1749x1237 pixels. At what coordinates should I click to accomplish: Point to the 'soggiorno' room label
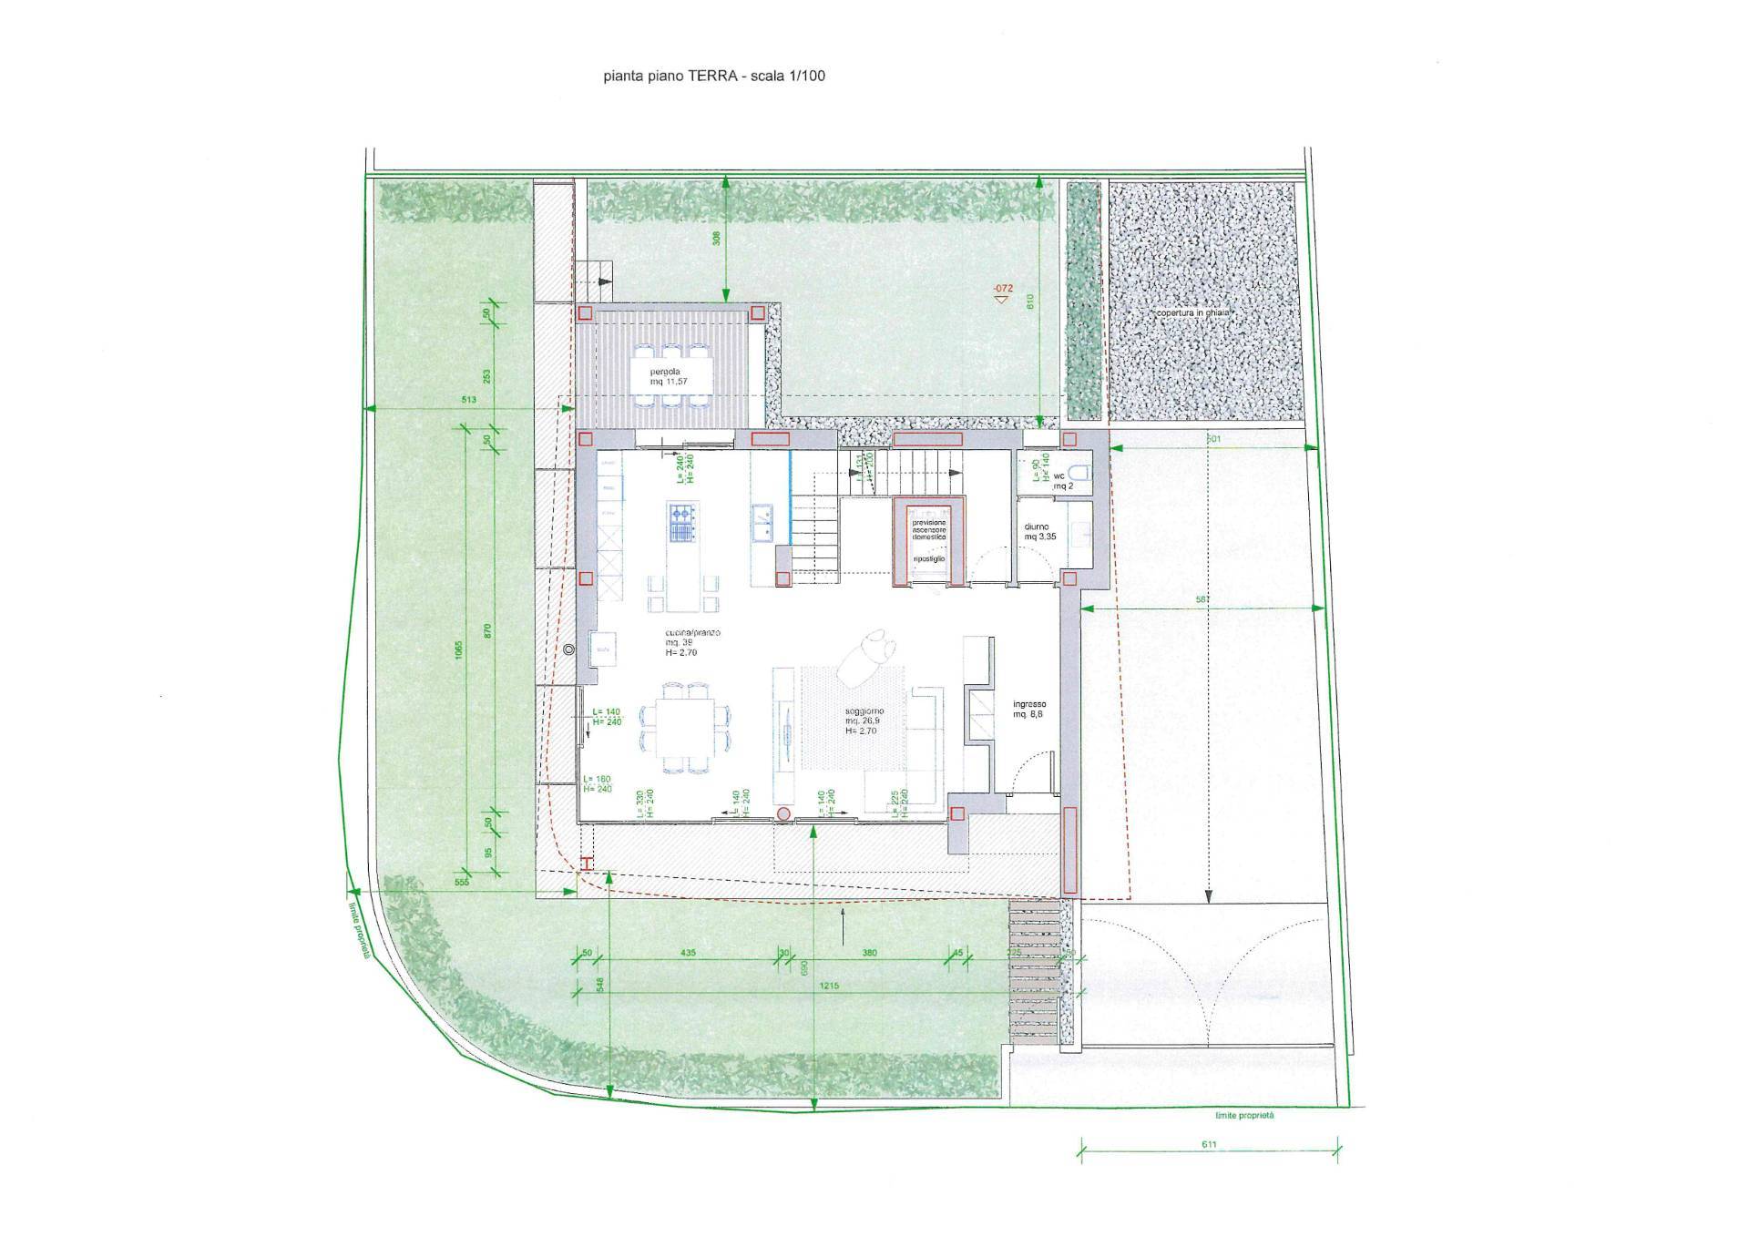862,711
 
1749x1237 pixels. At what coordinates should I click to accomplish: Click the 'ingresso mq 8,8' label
1029,710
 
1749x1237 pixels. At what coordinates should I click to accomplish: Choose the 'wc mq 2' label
1062,481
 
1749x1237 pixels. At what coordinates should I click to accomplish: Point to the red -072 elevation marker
1002,290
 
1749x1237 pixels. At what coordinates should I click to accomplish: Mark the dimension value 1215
828,986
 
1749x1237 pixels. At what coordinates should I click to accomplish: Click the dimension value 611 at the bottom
1208,1144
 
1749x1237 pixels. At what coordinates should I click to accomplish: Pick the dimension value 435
688,953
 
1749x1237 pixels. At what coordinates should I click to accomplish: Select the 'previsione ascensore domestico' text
929,530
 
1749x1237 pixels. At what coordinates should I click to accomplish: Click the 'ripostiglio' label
928,558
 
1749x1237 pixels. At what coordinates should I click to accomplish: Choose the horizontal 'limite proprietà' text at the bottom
1244,1116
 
